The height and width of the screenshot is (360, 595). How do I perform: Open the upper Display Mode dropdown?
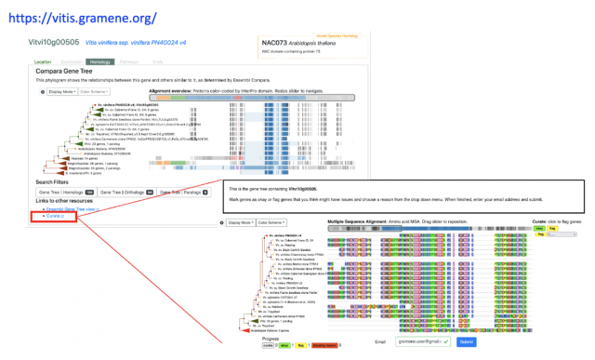(x=59, y=92)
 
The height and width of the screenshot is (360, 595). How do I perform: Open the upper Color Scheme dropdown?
(x=94, y=92)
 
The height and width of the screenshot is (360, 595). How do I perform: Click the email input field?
(x=418, y=342)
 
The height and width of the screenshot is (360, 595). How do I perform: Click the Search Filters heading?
(x=57, y=181)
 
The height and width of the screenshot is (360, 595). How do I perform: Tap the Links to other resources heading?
(x=69, y=201)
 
